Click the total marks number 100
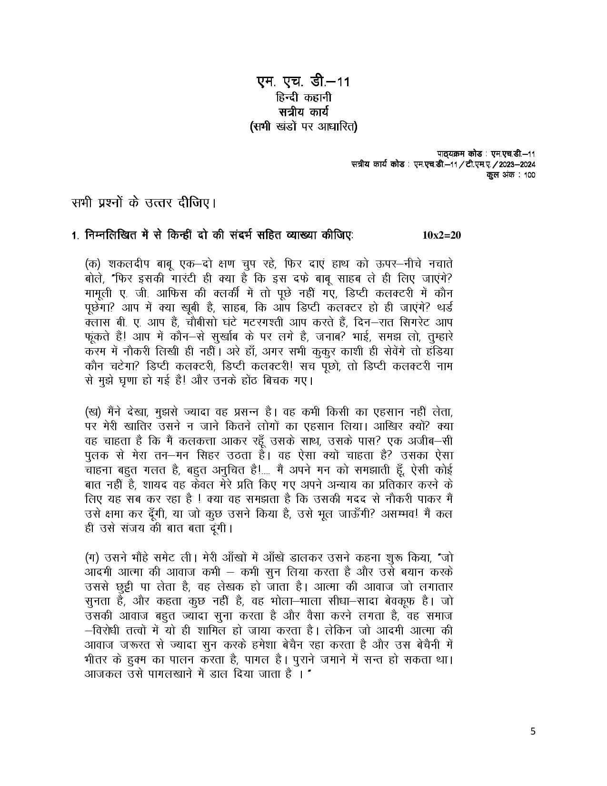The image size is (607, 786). pos(529,175)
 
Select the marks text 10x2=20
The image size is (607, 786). pos(441,235)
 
